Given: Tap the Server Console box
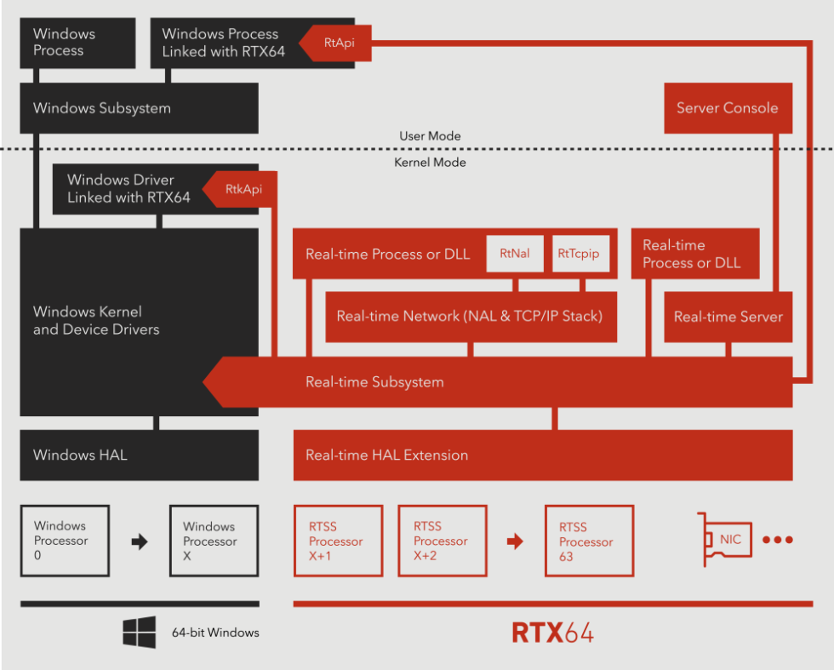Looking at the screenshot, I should [728, 108].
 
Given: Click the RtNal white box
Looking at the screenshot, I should [515, 254].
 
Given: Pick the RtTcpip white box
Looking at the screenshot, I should [579, 254].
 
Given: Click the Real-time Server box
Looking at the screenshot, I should [728, 317].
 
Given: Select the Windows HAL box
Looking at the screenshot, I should [139, 455].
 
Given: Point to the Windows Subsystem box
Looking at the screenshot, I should [139, 108].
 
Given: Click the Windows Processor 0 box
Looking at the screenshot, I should [66, 541].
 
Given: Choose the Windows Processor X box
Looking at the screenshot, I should [213, 541].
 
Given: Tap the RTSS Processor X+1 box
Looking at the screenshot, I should [338, 541].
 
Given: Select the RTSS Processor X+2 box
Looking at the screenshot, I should [443, 541].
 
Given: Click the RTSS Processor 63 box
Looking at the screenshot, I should [589, 541].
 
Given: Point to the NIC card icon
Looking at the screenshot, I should [728, 540].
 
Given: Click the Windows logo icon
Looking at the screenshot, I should [139, 633].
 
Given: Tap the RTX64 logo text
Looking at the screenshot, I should [552, 633].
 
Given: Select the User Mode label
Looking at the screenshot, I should [430, 136].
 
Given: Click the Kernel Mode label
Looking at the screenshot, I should [430, 163].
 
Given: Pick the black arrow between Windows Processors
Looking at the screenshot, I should [139, 541].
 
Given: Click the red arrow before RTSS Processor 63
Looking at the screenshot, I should [515, 541].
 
